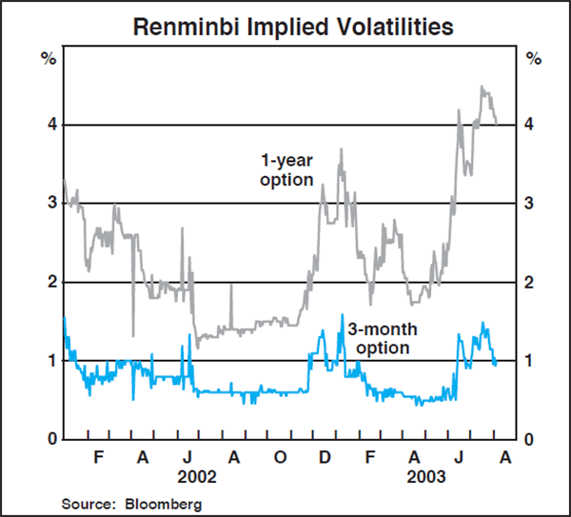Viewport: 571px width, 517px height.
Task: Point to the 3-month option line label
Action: (x=378, y=339)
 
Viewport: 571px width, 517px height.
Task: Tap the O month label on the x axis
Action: (x=280, y=457)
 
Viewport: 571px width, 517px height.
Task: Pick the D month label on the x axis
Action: (x=325, y=457)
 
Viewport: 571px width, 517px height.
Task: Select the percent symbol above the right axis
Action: (x=532, y=59)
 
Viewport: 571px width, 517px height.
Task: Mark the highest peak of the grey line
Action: (x=482, y=87)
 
